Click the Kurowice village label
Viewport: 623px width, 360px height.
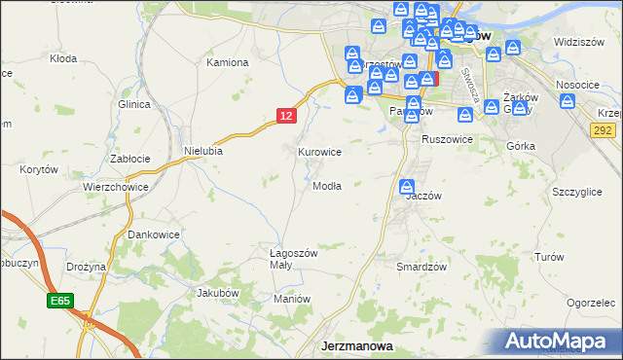coord(319,152)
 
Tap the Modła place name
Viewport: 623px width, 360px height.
coord(326,186)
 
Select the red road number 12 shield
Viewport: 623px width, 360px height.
coord(284,116)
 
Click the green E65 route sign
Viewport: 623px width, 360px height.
coord(58,303)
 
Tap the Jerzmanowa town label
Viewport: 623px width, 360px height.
coord(357,345)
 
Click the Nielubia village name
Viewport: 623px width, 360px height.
coord(203,151)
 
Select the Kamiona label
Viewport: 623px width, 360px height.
coord(228,62)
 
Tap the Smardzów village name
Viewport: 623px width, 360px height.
coord(421,267)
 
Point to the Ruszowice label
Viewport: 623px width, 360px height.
coord(447,139)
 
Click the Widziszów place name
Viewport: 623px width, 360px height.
coord(574,42)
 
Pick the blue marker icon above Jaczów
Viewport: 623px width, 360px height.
coord(407,185)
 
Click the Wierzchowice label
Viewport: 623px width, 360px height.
coord(115,187)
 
